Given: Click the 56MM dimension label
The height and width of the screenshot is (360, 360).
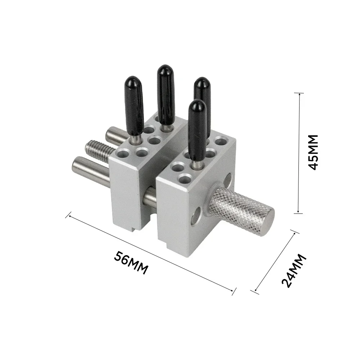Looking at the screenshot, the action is tap(131, 263).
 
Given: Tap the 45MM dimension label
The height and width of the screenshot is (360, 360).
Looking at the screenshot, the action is tap(313, 152).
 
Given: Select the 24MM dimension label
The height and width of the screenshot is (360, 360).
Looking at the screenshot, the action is tap(294, 271).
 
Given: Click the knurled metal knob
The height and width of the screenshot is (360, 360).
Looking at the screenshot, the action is tap(241, 211).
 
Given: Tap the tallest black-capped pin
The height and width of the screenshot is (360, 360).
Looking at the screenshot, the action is tap(166, 98).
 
